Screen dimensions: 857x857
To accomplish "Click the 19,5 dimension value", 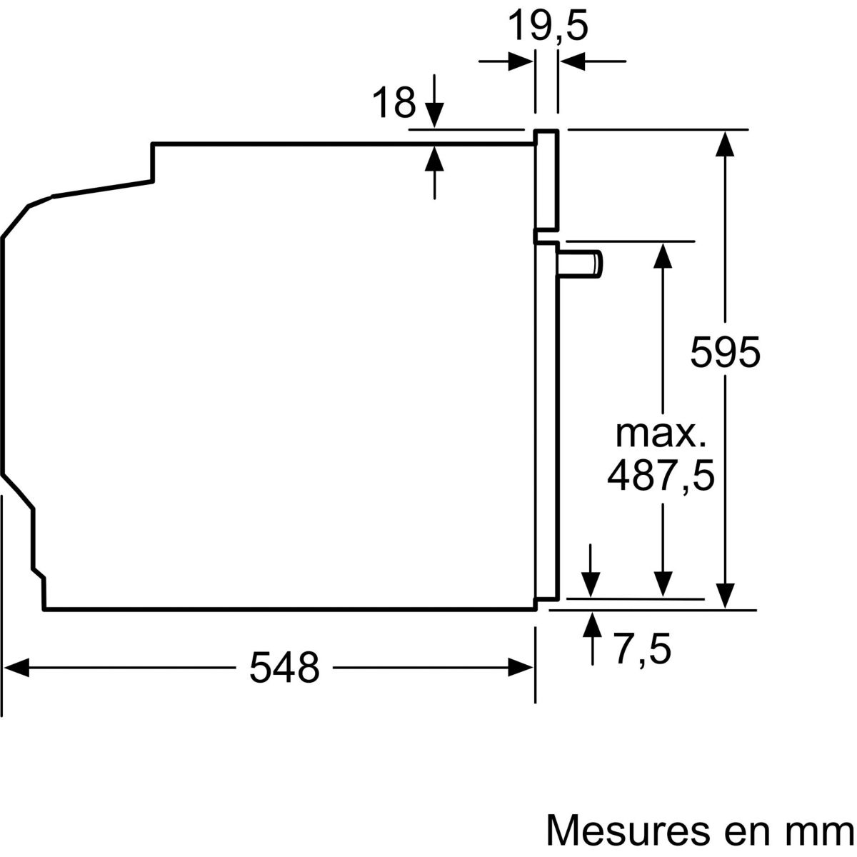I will point(547,27).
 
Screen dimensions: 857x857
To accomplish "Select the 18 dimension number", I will point(394,103).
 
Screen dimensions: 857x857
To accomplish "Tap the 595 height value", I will point(725,352).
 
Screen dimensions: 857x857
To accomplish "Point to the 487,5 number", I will point(661,476).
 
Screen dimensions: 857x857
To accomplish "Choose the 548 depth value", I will point(284,668).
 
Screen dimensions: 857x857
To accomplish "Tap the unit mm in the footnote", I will point(821,831).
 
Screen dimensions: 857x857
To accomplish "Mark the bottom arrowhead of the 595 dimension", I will point(725,594).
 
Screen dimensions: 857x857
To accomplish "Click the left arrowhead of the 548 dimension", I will point(19,668).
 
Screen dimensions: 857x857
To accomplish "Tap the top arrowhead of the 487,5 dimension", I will point(663,256).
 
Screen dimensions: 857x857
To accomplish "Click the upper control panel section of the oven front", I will point(546,182).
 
